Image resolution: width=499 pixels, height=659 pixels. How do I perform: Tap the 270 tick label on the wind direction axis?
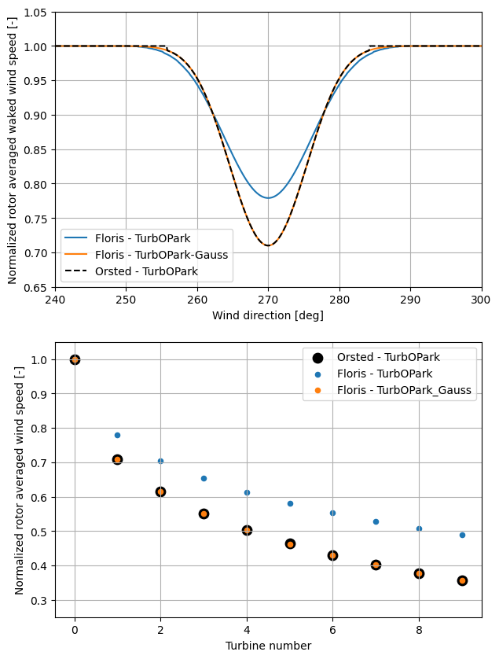(268, 300)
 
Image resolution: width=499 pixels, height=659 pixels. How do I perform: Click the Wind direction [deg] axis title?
(268, 315)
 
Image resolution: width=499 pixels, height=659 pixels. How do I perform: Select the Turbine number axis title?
(268, 646)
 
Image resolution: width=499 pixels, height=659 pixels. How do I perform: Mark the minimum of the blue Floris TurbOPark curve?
(268, 197)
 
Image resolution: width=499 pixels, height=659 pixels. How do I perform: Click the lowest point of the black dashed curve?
(268, 245)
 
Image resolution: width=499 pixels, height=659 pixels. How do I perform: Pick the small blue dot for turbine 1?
(117, 435)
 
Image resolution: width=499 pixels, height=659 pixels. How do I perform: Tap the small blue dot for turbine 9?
(462, 535)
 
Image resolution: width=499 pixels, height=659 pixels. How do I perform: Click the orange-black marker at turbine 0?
(75, 359)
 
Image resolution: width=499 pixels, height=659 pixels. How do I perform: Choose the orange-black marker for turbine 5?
(290, 543)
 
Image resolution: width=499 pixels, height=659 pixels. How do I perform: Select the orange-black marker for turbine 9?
(462, 580)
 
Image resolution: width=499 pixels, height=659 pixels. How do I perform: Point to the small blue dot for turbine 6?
(332, 513)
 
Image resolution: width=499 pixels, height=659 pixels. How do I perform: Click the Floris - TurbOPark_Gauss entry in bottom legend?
(405, 389)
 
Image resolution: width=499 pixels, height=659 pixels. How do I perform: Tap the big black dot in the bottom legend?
(317, 356)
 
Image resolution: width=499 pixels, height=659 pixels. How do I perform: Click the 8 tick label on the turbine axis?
(419, 629)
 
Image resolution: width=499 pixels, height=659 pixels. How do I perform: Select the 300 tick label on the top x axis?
(481, 300)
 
